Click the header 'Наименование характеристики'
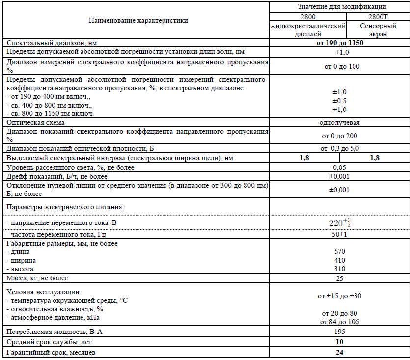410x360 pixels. tap(138, 21)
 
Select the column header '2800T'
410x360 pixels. tap(378, 16)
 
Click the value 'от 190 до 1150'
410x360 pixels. tap(340, 43)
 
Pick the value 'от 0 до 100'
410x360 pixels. tap(340, 66)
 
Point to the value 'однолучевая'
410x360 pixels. tap(340, 122)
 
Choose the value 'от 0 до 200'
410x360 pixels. tap(340, 136)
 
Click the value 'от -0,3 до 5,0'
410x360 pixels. tap(340, 148)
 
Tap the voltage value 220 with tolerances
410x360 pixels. tap(340, 223)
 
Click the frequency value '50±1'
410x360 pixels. tap(340, 234)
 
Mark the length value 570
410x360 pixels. tap(340, 251)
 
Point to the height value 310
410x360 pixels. tap(340, 269)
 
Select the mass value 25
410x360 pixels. tap(340, 278)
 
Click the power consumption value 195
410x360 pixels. tap(340, 332)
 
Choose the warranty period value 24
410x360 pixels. tap(340, 352)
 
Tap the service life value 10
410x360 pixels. tap(340, 342)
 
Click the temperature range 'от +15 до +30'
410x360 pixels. tap(340, 296)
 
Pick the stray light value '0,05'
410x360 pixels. tap(340, 167)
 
